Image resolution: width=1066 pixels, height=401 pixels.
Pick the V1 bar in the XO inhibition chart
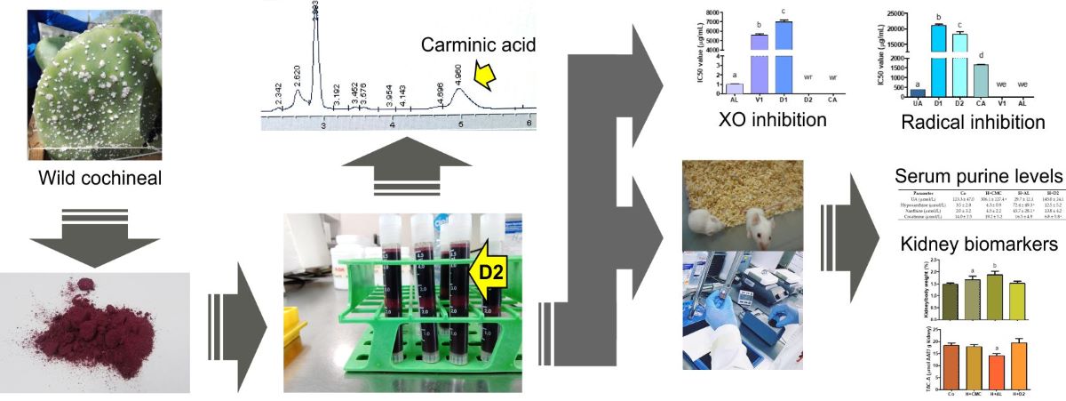pyautogui.click(x=759, y=60)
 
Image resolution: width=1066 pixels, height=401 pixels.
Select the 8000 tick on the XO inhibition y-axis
pyautogui.click(x=713, y=13)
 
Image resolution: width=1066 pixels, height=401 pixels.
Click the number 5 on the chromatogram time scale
pyautogui.click(x=461, y=126)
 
